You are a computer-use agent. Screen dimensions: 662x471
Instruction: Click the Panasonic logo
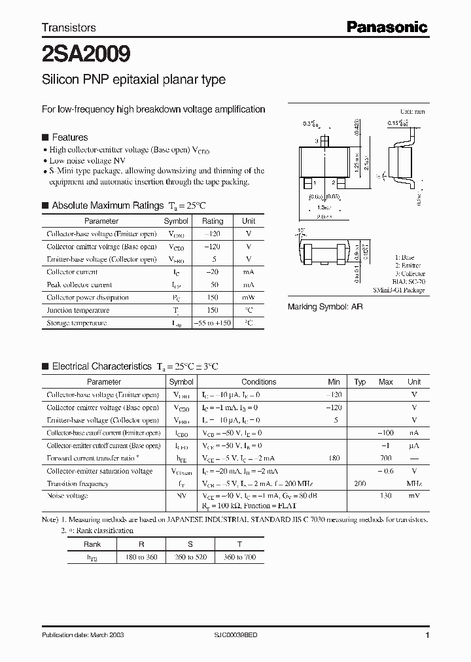[386, 27]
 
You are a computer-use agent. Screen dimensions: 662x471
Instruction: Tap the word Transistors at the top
[69, 27]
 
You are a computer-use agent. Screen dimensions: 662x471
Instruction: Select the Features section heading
[69, 137]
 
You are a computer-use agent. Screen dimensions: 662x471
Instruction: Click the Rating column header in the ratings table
[213, 221]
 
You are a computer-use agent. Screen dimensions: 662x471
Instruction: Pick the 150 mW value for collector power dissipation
[213, 298]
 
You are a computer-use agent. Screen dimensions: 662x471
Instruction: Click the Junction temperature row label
[78, 310]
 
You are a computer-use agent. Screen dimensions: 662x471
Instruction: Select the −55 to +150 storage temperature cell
[213, 323]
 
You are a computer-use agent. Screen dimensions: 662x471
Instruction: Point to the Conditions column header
[258, 382]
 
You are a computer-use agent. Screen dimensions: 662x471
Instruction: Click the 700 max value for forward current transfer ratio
[385, 459]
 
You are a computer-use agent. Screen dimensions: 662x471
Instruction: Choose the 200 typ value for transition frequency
[360, 484]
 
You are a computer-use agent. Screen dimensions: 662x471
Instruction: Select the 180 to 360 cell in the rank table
[139, 557]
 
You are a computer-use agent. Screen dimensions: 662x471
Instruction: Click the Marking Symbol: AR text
[325, 306]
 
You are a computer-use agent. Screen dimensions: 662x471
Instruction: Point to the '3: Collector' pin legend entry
[410, 273]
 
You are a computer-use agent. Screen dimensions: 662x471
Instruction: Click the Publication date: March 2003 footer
[83, 635]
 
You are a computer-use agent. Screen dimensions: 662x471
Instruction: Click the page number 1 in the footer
[427, 635]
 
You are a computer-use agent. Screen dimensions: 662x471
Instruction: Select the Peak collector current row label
[79, 285]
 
